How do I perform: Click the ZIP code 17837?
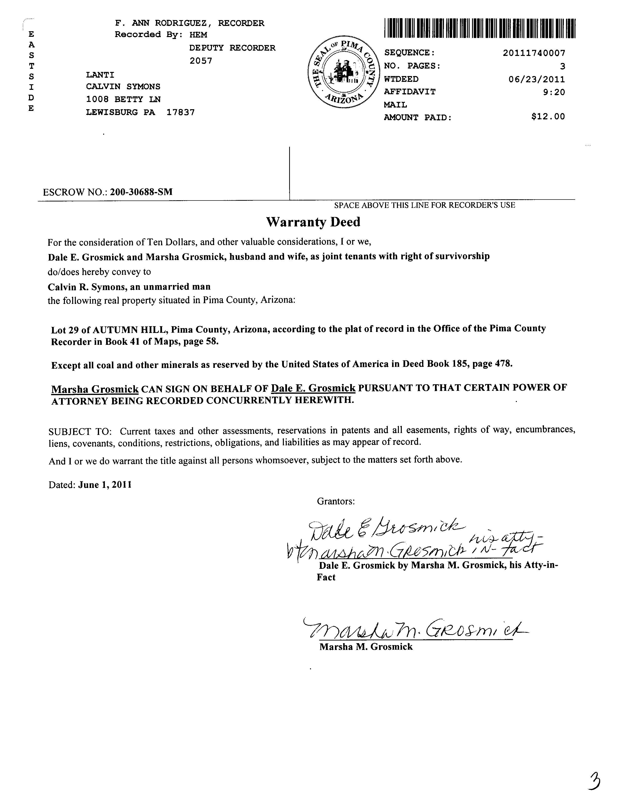(x=180, y=112)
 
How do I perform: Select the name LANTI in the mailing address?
(x=100, y=75)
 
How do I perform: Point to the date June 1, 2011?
(x=105, y=485)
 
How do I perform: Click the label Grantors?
(x=336, y=501)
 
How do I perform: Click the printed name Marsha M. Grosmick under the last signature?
(x=366, y=647)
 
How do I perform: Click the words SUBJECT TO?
(x=80, y=431)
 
